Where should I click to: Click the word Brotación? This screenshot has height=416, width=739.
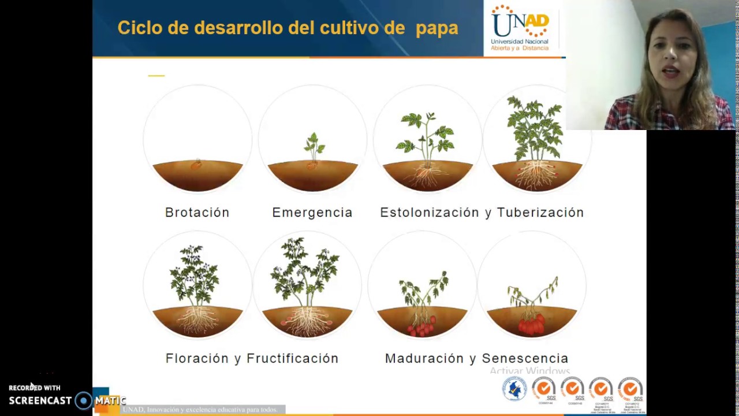pos(197,213)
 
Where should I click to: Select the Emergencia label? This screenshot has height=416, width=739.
pos(312,213)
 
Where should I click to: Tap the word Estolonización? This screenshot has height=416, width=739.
pos(430,213)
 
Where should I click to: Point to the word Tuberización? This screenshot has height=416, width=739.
pos(540,213)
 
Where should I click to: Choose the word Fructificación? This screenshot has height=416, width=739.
pos(293,359)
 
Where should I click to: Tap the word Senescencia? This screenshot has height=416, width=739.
pos(525,359)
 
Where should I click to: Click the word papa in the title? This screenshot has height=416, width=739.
pos(436,28)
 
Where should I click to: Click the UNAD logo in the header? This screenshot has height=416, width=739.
pos(520,28)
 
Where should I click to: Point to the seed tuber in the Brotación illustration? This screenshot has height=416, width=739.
pos(197,165)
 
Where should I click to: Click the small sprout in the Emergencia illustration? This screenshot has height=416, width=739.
pos(313,146)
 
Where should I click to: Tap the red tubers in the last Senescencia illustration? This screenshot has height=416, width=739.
pos(531,325)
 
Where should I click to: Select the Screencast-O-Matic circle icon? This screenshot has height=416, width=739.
pos(84,400)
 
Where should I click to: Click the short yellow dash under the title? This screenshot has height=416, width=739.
pos(156,76)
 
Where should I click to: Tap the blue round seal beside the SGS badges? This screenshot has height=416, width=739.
pos(514,388)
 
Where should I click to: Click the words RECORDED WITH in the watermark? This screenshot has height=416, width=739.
pos(35,388)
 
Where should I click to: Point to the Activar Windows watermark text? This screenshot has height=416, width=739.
pos(529,371)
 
